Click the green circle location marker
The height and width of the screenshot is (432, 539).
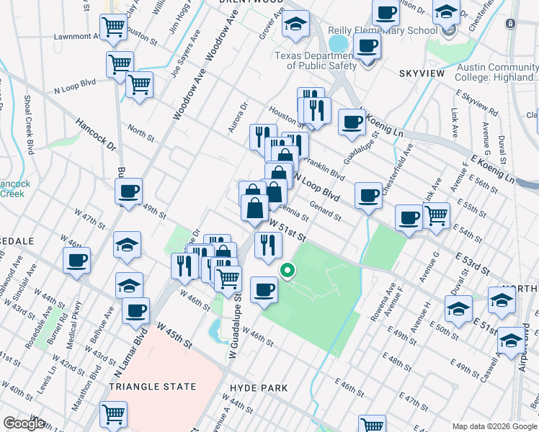(287, 271)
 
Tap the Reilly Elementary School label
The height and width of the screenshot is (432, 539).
(383, 30)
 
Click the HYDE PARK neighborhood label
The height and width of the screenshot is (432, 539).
(258, 388)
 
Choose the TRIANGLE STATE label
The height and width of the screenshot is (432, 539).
(152, 387)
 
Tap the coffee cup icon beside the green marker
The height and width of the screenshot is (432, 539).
(264, 289)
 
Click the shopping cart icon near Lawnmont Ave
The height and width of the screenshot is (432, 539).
(114, 27)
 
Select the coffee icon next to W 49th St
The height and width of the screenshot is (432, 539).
(129, 192)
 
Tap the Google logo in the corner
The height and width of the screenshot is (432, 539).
(24, 423)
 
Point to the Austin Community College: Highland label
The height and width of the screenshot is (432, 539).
(498, 73)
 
